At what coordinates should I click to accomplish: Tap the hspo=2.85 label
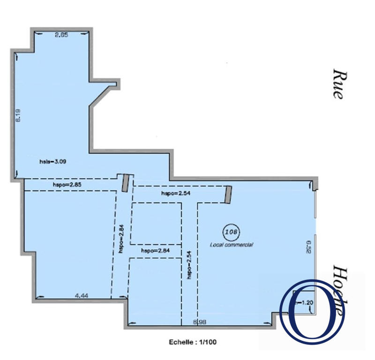pyautogui.click(x=67, y=185)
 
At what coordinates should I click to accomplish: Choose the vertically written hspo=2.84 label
pyautogui.click(x=121, y=239)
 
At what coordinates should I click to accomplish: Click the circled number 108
pyautogui.click(x=232, y=231)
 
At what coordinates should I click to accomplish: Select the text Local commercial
pyautogui.click(x=232, y=244)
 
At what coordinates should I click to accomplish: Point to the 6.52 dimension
pyautogui.click(x=309, y=247)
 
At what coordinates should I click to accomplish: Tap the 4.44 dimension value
pyautogui.click(x=82, y=295)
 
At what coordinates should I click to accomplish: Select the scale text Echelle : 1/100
pyautogui.click(x=192, y=342)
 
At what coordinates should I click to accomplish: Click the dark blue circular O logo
pyautogui.click(x=312, y=310)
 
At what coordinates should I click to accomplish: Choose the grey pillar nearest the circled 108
pyautogui.click(x=228, y=195)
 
